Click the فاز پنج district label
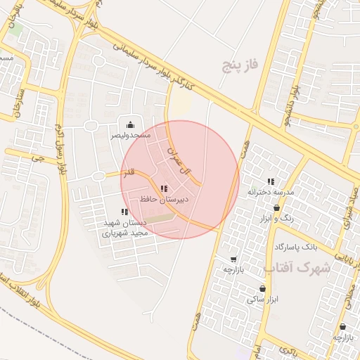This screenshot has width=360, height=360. click(241, 66)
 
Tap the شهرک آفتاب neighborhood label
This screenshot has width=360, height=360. click(297, 268)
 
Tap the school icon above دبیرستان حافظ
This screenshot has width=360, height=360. click(164, 188)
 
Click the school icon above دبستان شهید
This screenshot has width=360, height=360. click(124, 212)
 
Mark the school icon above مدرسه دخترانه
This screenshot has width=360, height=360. click(271, 181)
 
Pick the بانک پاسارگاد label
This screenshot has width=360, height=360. click(296, 247)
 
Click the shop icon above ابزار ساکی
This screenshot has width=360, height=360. click(262, 288)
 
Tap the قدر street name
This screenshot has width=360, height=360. click(129, 172)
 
